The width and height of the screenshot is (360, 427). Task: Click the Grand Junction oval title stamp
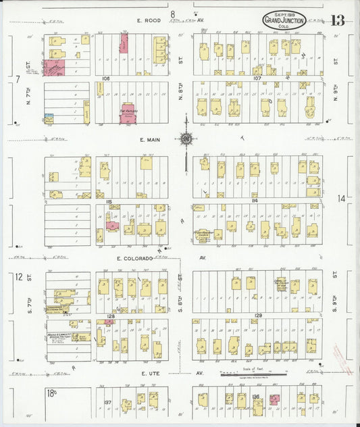284,20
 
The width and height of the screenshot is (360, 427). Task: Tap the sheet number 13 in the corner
338,20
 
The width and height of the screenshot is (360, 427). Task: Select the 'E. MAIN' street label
150,139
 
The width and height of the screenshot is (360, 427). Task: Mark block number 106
105,78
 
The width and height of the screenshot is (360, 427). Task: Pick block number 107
257,78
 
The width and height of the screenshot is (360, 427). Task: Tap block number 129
257,316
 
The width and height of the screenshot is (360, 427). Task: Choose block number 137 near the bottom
107,402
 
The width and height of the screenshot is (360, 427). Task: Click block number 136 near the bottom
255,397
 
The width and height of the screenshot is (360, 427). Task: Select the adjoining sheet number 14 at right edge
342,198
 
